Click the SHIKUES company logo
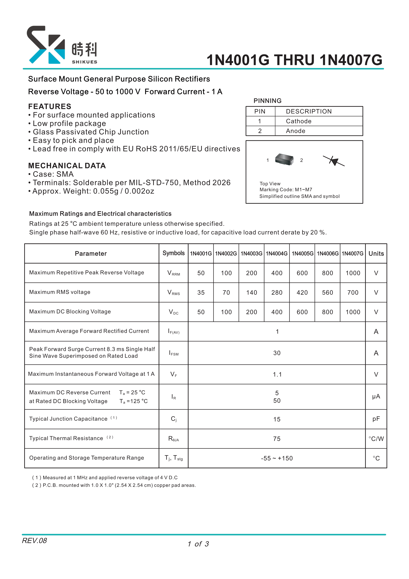pos(62,45)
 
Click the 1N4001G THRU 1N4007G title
pos(294,60)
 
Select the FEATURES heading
pos(50,106)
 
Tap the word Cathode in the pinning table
pos(299,121)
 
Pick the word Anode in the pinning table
pos(295,131)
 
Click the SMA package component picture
pos(284,159)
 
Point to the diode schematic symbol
pos(334,161)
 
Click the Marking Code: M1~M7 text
pos(286,190)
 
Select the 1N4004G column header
pos(277,253)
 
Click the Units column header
pos(376,253)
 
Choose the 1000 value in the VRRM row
pos(353,273)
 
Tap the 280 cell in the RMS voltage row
pos(277,293)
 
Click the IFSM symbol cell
pos(173,353)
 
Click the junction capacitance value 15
pos(277,419)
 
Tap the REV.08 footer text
pos(34,541)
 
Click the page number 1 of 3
pos(198,544)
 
